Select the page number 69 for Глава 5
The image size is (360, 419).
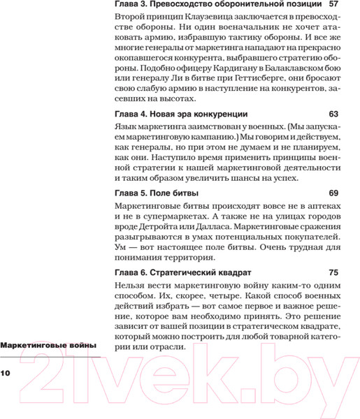(333, 192)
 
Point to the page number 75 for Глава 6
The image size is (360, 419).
(333, 271)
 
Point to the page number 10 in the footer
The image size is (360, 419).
(6, 374)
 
